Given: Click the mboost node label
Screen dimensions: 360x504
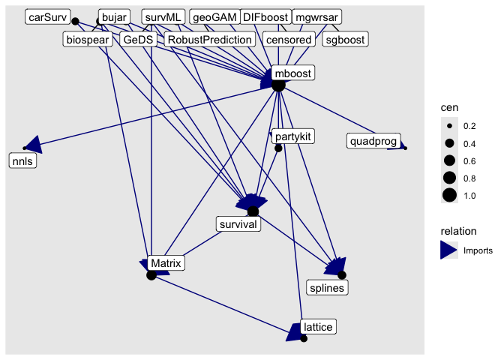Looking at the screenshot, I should pos(292,73).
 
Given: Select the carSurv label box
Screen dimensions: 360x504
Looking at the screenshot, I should pos(47,16).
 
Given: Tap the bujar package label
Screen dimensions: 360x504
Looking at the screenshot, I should pos(115,16).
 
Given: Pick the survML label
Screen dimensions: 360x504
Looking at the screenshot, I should pos(163,16).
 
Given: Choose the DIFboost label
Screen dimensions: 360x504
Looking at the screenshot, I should pos(265,16).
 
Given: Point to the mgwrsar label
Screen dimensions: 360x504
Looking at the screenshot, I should pos(315,16).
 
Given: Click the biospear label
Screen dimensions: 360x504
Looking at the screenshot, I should pos(89,40).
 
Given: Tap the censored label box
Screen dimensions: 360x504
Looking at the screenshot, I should pos(288,40).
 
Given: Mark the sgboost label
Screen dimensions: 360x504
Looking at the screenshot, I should pos(345,40).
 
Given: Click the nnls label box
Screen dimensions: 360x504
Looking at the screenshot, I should pos(22,160).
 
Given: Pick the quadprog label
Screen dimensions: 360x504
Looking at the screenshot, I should pos(373,140).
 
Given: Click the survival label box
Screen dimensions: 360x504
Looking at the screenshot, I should pos(238,223).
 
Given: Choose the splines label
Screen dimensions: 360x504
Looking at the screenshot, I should pos(328,287).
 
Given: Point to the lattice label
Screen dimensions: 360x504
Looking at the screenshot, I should pos(318,326).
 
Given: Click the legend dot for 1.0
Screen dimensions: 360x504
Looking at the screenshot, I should pos(449,196).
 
